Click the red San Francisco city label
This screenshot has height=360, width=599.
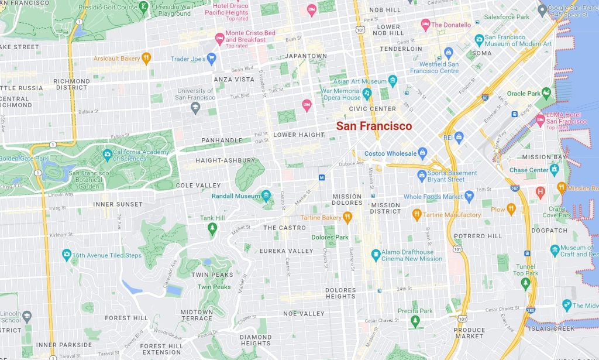tap(374, 126)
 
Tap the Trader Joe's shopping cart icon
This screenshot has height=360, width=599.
tap(212, 58)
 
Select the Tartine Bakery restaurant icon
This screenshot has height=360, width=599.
tap(347, 218)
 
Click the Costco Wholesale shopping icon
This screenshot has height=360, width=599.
tap(423, 153)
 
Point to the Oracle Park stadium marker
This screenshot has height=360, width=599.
tap(546, 93)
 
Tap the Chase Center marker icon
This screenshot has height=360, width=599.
tap(555, 170)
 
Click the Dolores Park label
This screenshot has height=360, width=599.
tap(329, 238)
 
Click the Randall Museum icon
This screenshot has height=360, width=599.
tap(267, 196)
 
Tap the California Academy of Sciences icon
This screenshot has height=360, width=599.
tap(107, 155)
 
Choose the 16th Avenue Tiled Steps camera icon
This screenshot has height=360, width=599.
tap(67, 255)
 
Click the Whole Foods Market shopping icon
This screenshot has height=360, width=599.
tap(469, 197)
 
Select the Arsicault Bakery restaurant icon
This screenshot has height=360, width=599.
tap(146, 58)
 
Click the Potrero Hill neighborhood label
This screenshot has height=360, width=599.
tap(478, 236)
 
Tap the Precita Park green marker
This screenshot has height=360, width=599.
tap(415, 321)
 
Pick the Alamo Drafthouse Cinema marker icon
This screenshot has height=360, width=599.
tap(376, 255)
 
